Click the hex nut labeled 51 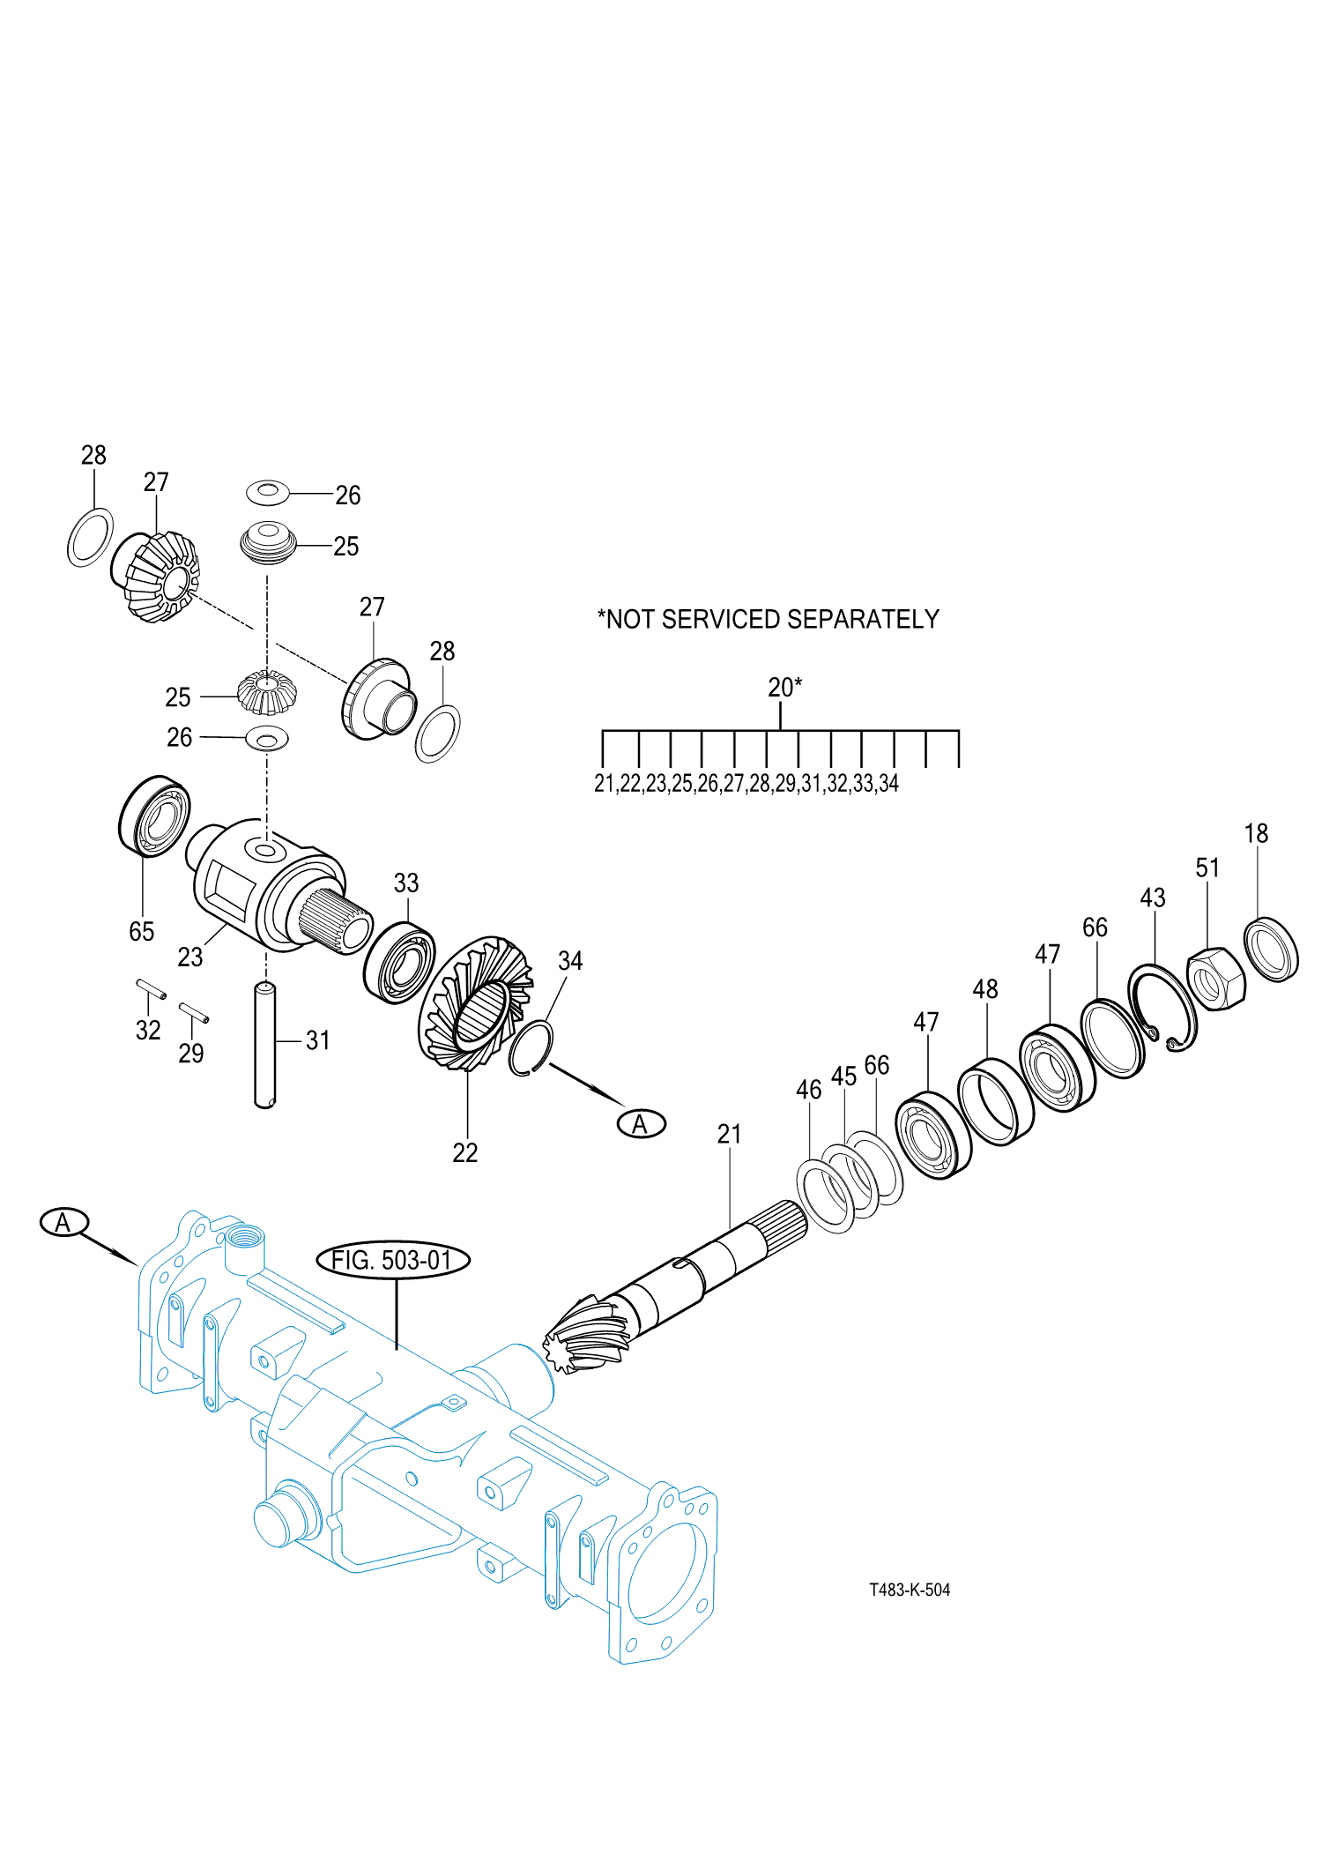tap(1216, 979)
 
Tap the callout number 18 tap(1256, 834)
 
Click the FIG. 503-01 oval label tap(393, 1260)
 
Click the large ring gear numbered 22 tap(476, 1005)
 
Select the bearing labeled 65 tap(155, 816)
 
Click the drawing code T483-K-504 tap(910, 1590)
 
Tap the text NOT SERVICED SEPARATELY tap(769, 620)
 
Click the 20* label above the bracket tap(784, 688)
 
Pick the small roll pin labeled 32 tap(151, 989)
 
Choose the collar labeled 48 tap(995, 1102)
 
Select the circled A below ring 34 tap(641, 1124)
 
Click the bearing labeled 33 tap(399, 963)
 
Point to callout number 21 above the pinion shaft tap(729, 1135)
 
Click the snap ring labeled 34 tap(531, 1047)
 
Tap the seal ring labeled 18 tap(1271, 950)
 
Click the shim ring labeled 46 tap(825, 1196)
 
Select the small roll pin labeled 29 tap(194, 1012)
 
